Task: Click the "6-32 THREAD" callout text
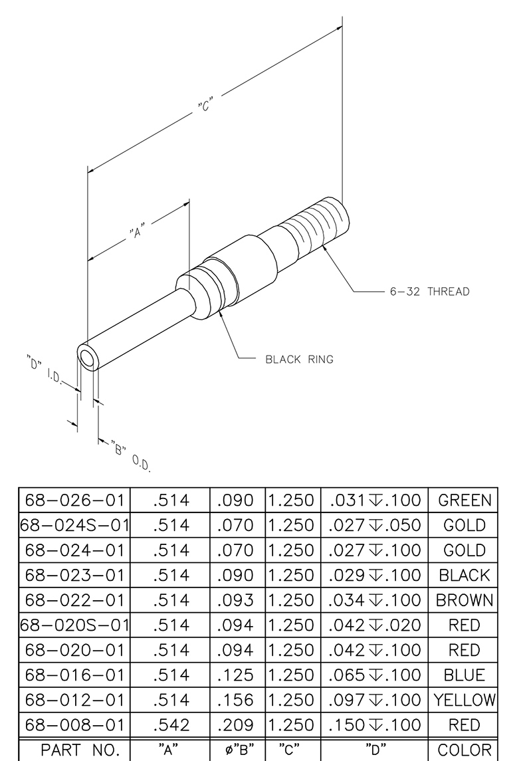point(429,292)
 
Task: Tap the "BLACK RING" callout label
point(299,360)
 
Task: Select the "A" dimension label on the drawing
point(138,231)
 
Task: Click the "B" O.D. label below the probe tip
point(130,456)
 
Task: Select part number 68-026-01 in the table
point(74,500)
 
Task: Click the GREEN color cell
point(465,500)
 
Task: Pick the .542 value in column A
point(171,725)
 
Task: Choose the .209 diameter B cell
point(235,725)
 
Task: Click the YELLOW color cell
point(465,700)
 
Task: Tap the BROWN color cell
point(465,600)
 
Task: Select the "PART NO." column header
point(80,750)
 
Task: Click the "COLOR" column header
point(465,750)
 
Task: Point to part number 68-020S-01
point(74,625)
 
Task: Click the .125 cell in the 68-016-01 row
point(235,675)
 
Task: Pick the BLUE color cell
point(465,675)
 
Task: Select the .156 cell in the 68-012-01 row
point(235,700)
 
